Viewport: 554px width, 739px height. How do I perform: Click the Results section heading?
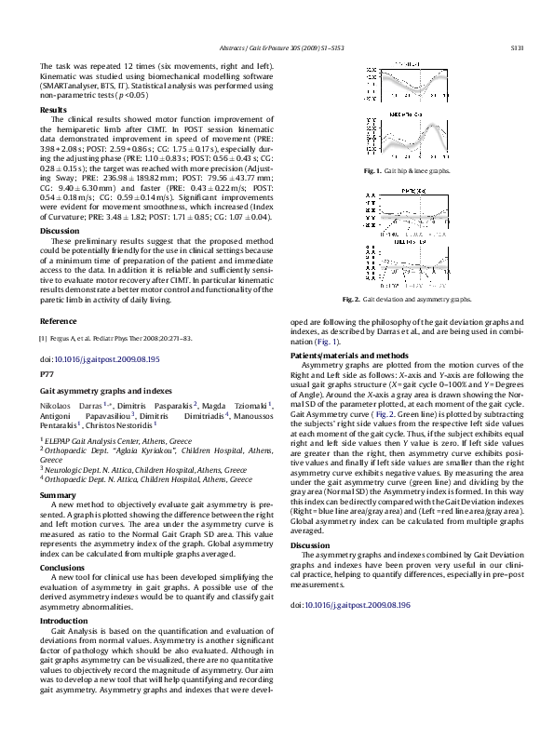(x=53, y=110)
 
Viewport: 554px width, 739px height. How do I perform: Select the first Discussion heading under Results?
(x=60, y=230)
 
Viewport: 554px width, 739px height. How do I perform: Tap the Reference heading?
(x=59, y=321)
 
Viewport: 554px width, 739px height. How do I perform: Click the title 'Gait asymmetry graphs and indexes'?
(x=99, y=394)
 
